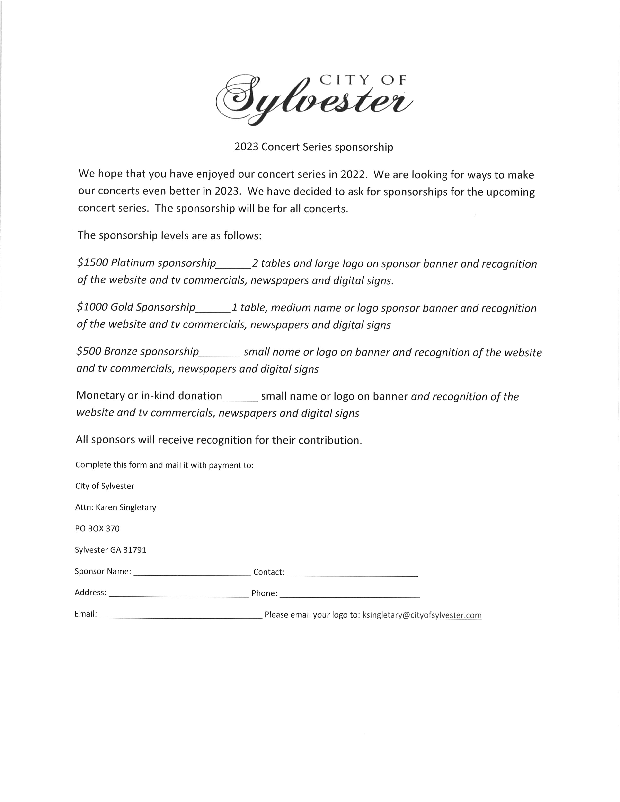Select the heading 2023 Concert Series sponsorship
point(314,147)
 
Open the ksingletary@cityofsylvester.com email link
point(422,615)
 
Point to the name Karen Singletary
point(126,507)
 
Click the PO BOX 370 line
point(97,528)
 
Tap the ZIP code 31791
point(134,550)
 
